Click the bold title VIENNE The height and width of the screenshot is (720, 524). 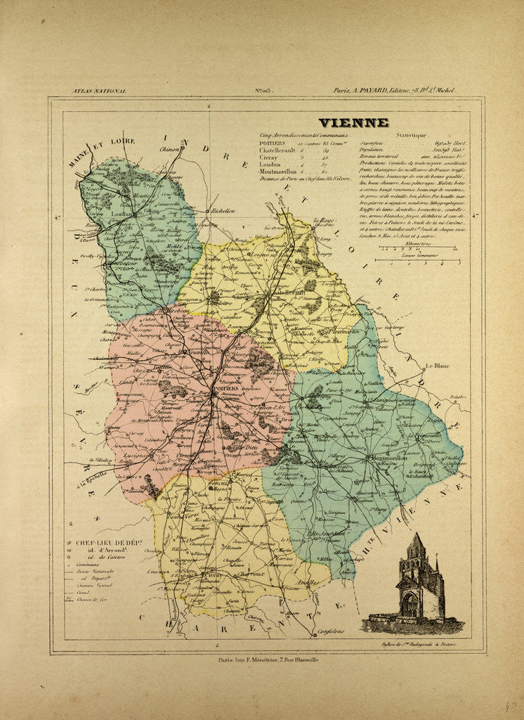point(353,123)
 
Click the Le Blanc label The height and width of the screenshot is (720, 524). point(436,366)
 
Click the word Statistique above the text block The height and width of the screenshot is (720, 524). point(410,134)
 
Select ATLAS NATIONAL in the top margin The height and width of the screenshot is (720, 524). point(99,91)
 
